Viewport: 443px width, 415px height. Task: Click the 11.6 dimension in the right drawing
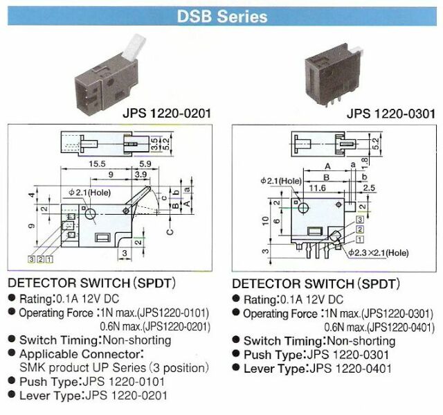pyautogui.click(x=318, y=188)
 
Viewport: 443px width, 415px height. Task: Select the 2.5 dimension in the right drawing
pyautogui.click(x=368, y=188)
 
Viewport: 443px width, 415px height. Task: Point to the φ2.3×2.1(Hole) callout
pyautogui.click(x=379, y=253)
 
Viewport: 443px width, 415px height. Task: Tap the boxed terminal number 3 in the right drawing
pyautogui.click(x=360, y=220)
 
